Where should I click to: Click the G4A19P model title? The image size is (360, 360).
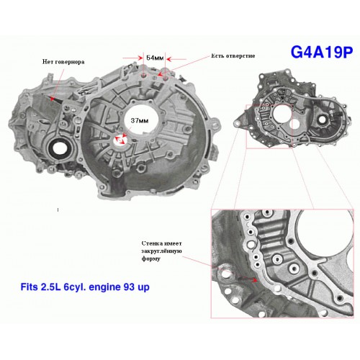(x=322, y=52)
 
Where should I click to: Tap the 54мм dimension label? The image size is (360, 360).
(x=155, y=58)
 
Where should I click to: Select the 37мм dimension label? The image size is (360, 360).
(x=140, y=120)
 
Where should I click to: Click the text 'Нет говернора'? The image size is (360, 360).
(x=63, y=62)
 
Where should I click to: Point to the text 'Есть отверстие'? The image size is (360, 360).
(x=233, y=55)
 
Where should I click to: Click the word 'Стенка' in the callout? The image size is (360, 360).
(x=151, y=243)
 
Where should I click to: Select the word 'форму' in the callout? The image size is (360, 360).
(x=151, y=259)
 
